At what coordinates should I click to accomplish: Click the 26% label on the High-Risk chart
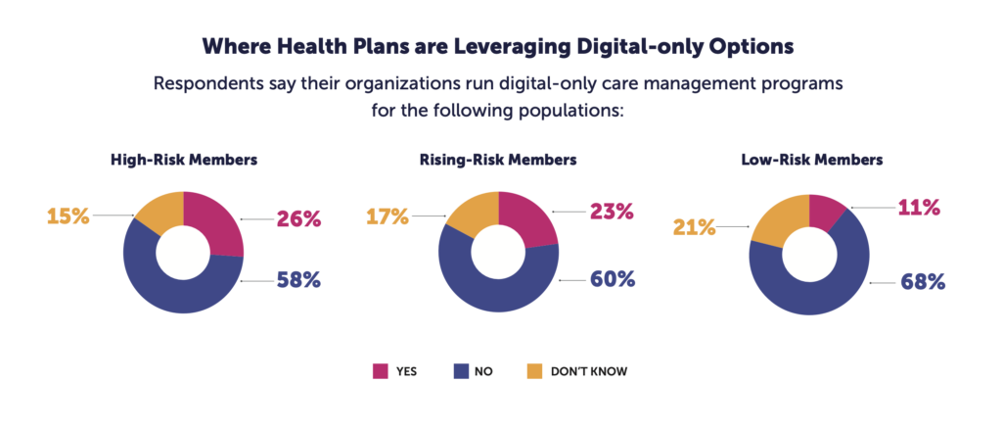tap(297, 219)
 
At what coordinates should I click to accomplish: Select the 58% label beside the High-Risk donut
tap(298, 280)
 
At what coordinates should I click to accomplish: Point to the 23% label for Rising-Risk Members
tap(612, 211)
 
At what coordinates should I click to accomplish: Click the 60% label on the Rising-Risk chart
tap(612, 279)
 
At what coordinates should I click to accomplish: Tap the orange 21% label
tap(693, 227)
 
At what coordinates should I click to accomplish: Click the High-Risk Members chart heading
tap(183, 159)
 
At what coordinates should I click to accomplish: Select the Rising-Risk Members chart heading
tap(499, 159)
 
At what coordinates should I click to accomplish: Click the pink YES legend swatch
tap(382, 371)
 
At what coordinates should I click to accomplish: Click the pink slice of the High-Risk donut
tap(219, 221)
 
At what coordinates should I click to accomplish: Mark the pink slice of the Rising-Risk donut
tap(530, 219)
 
